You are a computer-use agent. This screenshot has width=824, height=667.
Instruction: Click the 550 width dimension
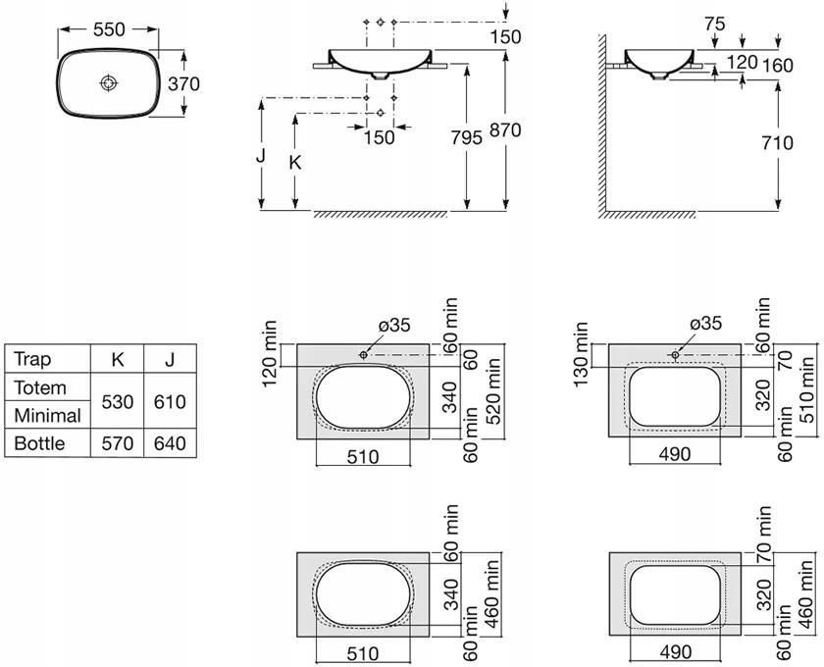(109, 29)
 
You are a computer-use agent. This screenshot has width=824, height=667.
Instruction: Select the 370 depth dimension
(184, 83)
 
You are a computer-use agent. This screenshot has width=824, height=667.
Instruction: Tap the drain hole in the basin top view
(108, 83)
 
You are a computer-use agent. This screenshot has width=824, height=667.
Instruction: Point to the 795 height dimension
(467, 137)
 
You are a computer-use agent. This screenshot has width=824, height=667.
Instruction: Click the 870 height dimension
(505, 129)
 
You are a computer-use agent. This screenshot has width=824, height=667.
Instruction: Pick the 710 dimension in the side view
(777, 142)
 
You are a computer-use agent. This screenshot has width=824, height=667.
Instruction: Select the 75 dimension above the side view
(715, 24)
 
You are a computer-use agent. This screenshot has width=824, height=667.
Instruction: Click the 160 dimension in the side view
(778, 66)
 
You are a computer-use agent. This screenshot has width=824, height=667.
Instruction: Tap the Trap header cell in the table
(32, 359)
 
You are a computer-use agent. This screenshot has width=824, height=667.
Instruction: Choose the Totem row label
(40, 387)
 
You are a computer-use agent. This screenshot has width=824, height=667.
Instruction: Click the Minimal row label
(47, 416)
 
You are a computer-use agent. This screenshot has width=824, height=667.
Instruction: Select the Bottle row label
(39, 443)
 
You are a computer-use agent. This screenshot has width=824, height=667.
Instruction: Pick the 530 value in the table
(117, 402)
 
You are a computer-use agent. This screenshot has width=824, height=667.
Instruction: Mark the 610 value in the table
(170, 402)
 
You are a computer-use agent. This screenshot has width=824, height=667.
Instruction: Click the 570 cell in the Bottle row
(117, 443)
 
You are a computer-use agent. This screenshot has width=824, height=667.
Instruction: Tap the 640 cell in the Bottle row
(170, 443)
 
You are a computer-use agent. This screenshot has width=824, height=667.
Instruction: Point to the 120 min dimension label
(269, 353)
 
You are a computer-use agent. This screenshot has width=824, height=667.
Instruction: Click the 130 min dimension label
(581, 354)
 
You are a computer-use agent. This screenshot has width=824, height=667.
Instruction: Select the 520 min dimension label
(492, 391)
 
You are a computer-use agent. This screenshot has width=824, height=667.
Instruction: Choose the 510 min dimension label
(806, 389)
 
